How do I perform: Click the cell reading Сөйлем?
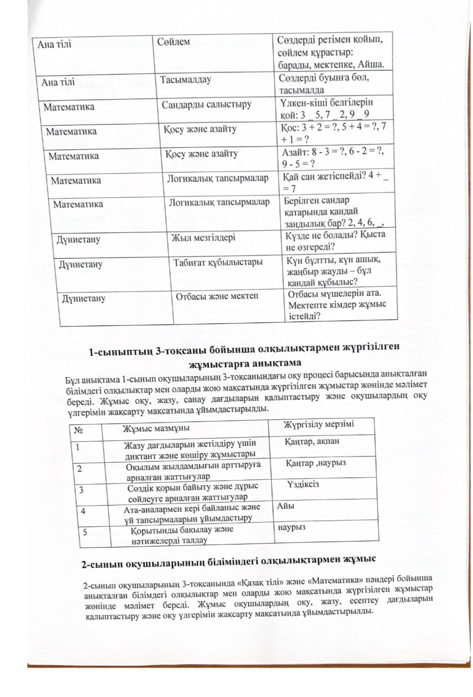pyautogui.click(x=173, y=41)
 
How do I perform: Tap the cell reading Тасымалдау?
pyautogui.click(x=186, y=79)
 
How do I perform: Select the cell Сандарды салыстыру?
pyautogui.click(x=206, y=104)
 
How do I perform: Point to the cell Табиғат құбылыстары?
pyautogui.click(x=218, y=262)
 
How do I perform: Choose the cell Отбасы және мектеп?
pyautogui.click(x=217, y=296)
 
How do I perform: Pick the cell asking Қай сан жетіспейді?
pyautogui.click(x=335, y=181)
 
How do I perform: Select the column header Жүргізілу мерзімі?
pyautogui.click(x=319, y=424)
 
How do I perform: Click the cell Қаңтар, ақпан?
pyautogui.click(x=312, y=441)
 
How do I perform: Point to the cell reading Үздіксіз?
pyautogui.click(x=303, y=484)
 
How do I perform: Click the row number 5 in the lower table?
pyautogui.click(x=85, y=532)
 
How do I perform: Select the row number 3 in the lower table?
pyautogui.click(x=81, y=490)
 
